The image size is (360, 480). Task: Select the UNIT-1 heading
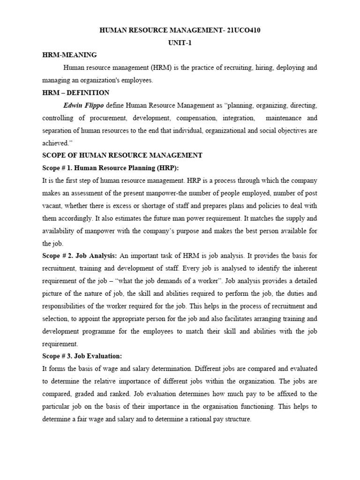[x=180, y=43]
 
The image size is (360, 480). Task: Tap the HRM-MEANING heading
[x=69, y=55]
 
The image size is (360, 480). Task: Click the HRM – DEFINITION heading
[x=75, y=92]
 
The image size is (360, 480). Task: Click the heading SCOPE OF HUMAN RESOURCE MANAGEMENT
[x=122, y=155]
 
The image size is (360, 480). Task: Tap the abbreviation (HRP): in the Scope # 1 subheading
[x=166, y=168]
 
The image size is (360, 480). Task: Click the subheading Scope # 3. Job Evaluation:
[x=82, y=356]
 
